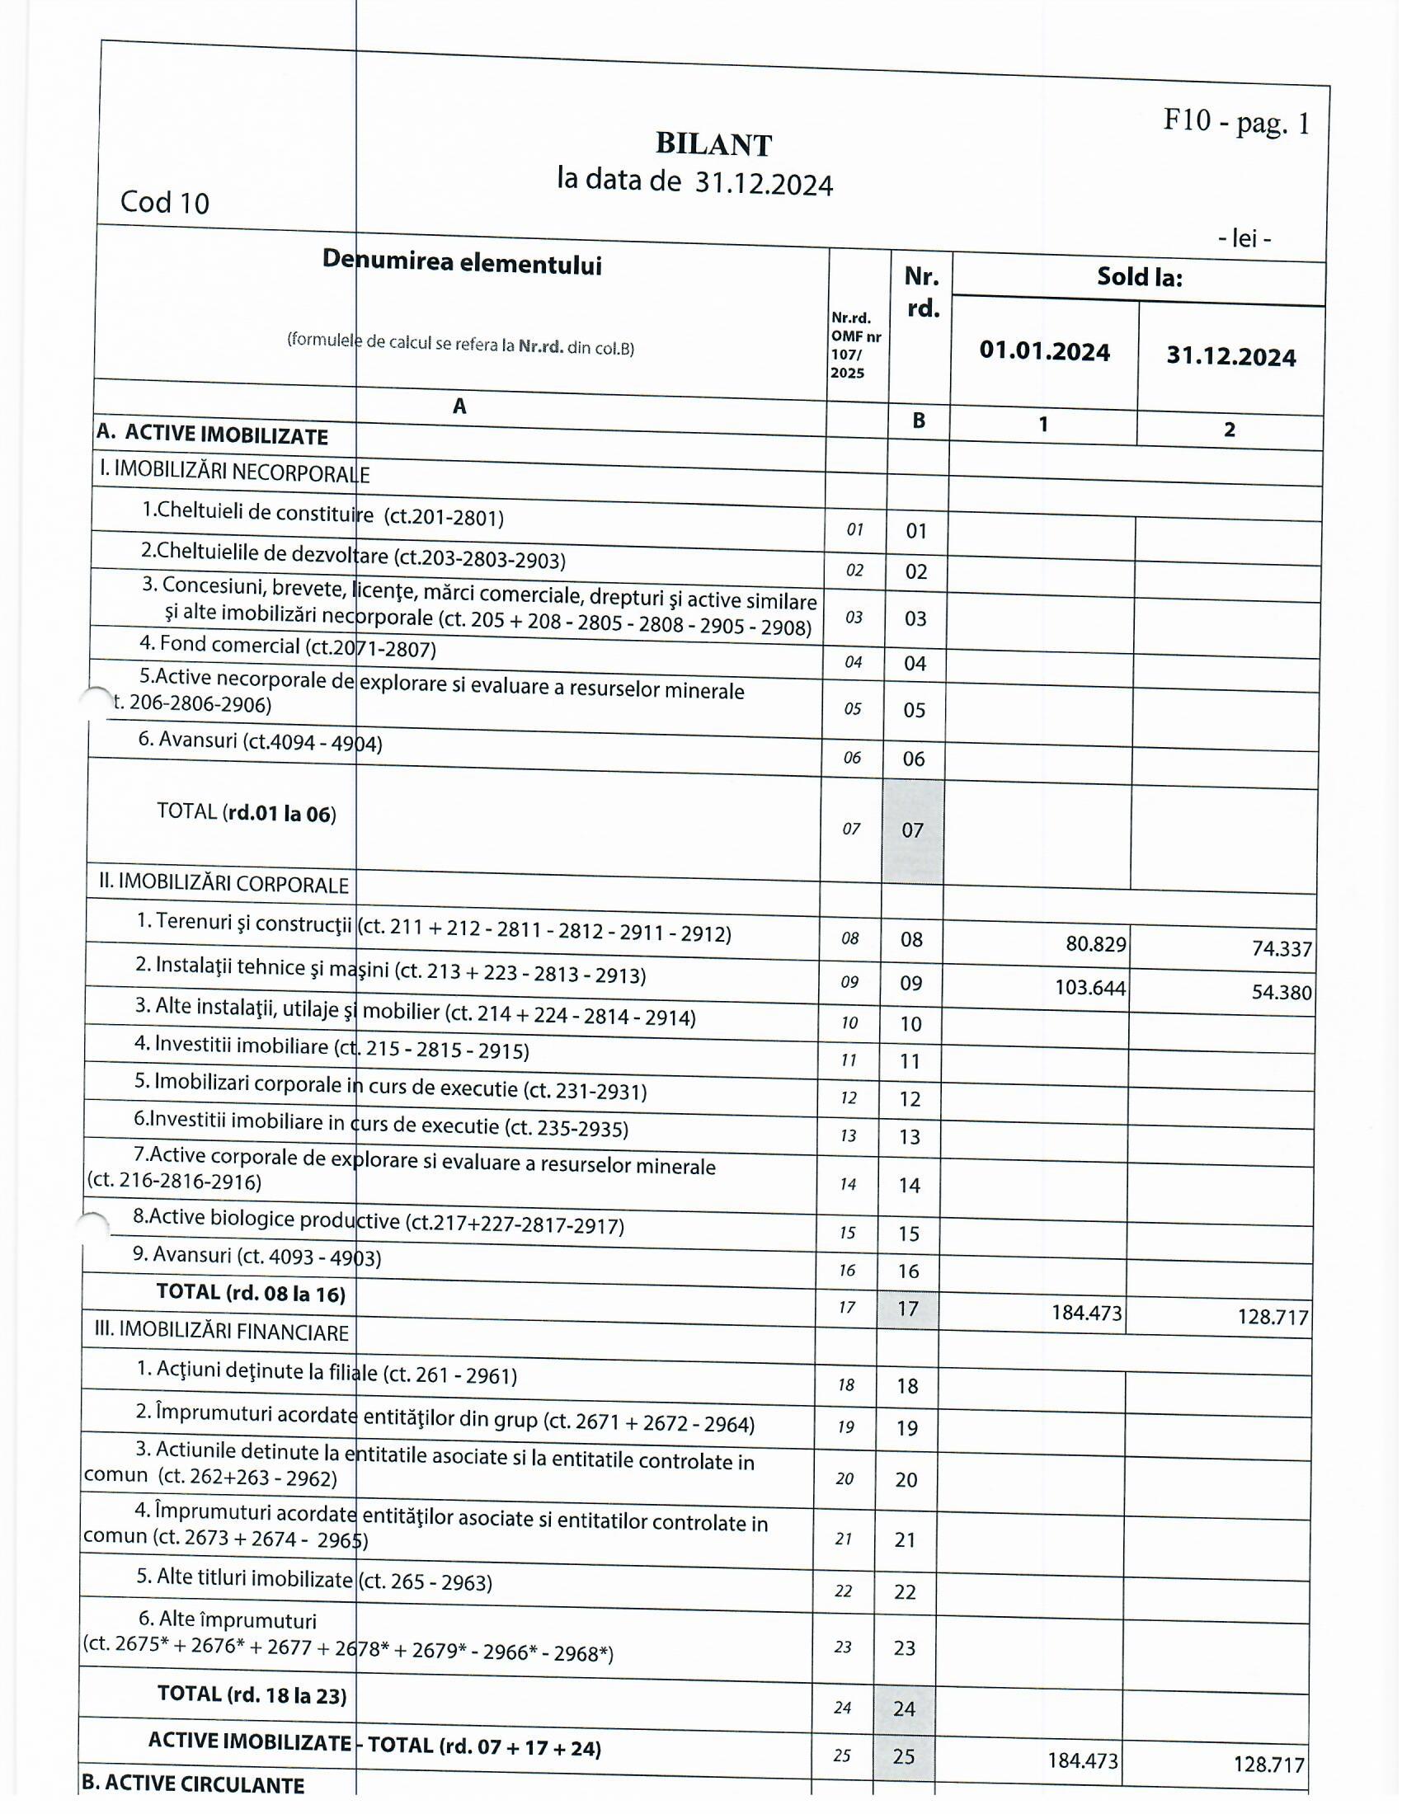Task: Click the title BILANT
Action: click(x=713, y=144)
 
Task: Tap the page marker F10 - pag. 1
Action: click(x=1236, y=122)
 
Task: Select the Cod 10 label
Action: click(x=164, y=203)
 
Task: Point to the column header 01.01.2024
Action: click(x=1044, y=351)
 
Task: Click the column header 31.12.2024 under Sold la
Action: click(x=1230, y=356)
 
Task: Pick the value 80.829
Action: click(x=1095, y=944)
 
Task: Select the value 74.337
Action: click(x=1282, y=948)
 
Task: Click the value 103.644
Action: click(x=1089, y=988)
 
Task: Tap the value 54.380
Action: click(x=1282, y=992)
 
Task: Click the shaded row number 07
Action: click(x=912, y=829)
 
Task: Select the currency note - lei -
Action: click(x=1244, y=239)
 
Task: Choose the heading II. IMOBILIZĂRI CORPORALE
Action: click(x=223, y=883)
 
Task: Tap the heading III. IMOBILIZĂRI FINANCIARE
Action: click(x=221, y=1332)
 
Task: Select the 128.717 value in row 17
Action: click(x=1273, y=1317)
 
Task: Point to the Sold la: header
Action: click(x=1139, y=276)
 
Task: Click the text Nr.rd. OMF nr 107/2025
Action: click(x=855, y=345)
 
